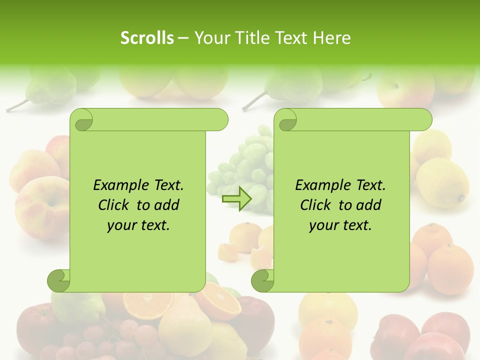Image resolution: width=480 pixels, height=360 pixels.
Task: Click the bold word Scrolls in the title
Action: coord(147,38)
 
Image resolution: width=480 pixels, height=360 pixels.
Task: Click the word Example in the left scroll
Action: coord(120,185)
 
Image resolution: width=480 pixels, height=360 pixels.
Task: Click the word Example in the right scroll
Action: coord(322,185)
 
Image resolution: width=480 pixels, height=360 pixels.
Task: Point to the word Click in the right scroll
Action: coord(315,205)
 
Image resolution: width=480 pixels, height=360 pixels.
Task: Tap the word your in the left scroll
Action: coord(122,225)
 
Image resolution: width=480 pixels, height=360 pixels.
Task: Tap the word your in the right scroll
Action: coord(324,225)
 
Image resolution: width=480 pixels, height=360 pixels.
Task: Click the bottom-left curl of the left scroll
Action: coord(59,280)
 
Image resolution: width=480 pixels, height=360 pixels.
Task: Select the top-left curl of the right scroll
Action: coord(286,120)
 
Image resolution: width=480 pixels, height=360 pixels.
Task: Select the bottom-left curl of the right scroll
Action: coord(262,280)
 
